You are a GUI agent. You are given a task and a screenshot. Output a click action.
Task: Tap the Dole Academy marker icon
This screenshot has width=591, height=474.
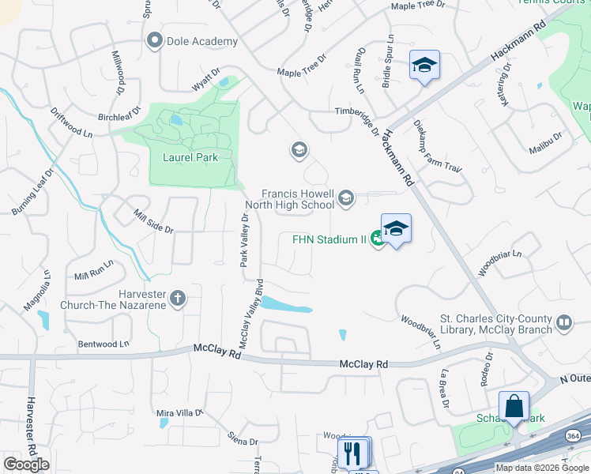[154, 39]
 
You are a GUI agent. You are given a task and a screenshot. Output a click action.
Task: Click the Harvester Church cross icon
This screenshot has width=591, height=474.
[179, 298]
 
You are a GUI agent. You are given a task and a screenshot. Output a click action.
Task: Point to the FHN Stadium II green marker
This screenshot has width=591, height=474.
[378, 239]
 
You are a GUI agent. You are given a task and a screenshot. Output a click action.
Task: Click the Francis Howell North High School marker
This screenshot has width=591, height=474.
[345, 197]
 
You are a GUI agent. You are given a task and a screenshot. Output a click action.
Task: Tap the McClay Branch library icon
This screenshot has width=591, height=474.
[564, 322]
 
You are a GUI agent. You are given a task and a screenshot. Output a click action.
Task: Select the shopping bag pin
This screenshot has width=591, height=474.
[514, 406]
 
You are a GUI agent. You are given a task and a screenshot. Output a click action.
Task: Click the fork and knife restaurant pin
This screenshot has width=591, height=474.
[352, 453]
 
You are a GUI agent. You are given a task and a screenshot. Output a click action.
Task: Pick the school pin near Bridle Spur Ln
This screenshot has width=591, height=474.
[424, 66]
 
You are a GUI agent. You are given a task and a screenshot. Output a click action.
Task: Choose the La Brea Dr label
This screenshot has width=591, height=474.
[445, 391]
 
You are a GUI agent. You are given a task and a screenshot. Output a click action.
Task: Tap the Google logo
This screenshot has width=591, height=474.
[26, 465]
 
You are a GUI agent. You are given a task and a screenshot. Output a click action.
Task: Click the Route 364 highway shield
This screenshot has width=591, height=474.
[572, 436]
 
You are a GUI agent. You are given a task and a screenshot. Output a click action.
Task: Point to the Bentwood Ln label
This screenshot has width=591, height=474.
[103, 344]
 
